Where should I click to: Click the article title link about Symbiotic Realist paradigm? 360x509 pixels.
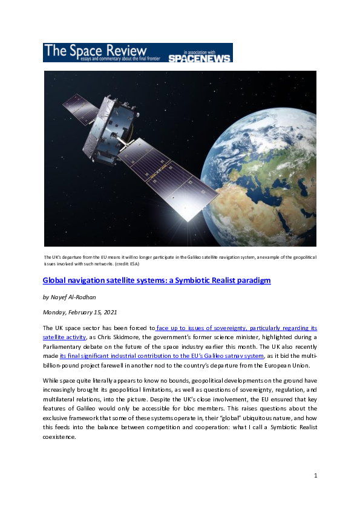(x=156, y=280)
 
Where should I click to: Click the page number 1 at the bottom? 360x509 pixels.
(x=315, y=476)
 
